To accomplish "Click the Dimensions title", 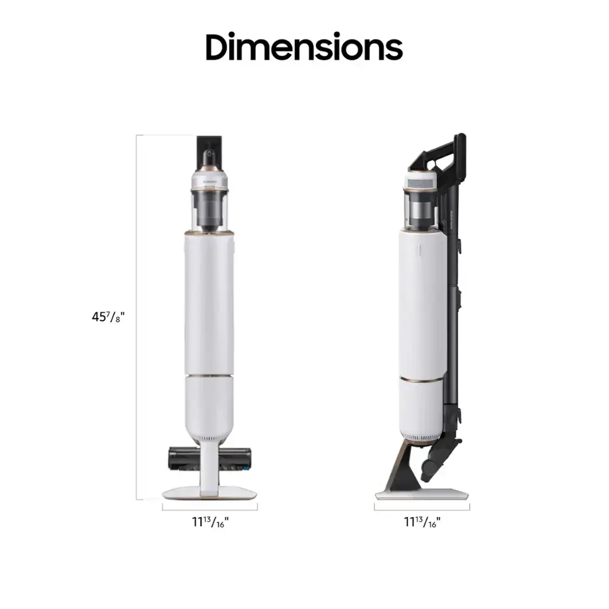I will click(x=304, y=47).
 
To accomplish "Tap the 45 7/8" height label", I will click(x=108, y=317).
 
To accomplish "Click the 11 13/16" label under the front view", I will click(x=210, y=521).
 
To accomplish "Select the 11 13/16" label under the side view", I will click(x=421, y=521).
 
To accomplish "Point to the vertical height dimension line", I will click(x=136, y=317).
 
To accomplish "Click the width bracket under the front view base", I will click(x=210, y=505).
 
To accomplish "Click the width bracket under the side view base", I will click(x=421, y=505).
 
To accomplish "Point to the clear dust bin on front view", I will click(x=210, y=210).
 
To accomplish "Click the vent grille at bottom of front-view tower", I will click(x=210, y=436).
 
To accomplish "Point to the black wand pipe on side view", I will click(x=452, y=304).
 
